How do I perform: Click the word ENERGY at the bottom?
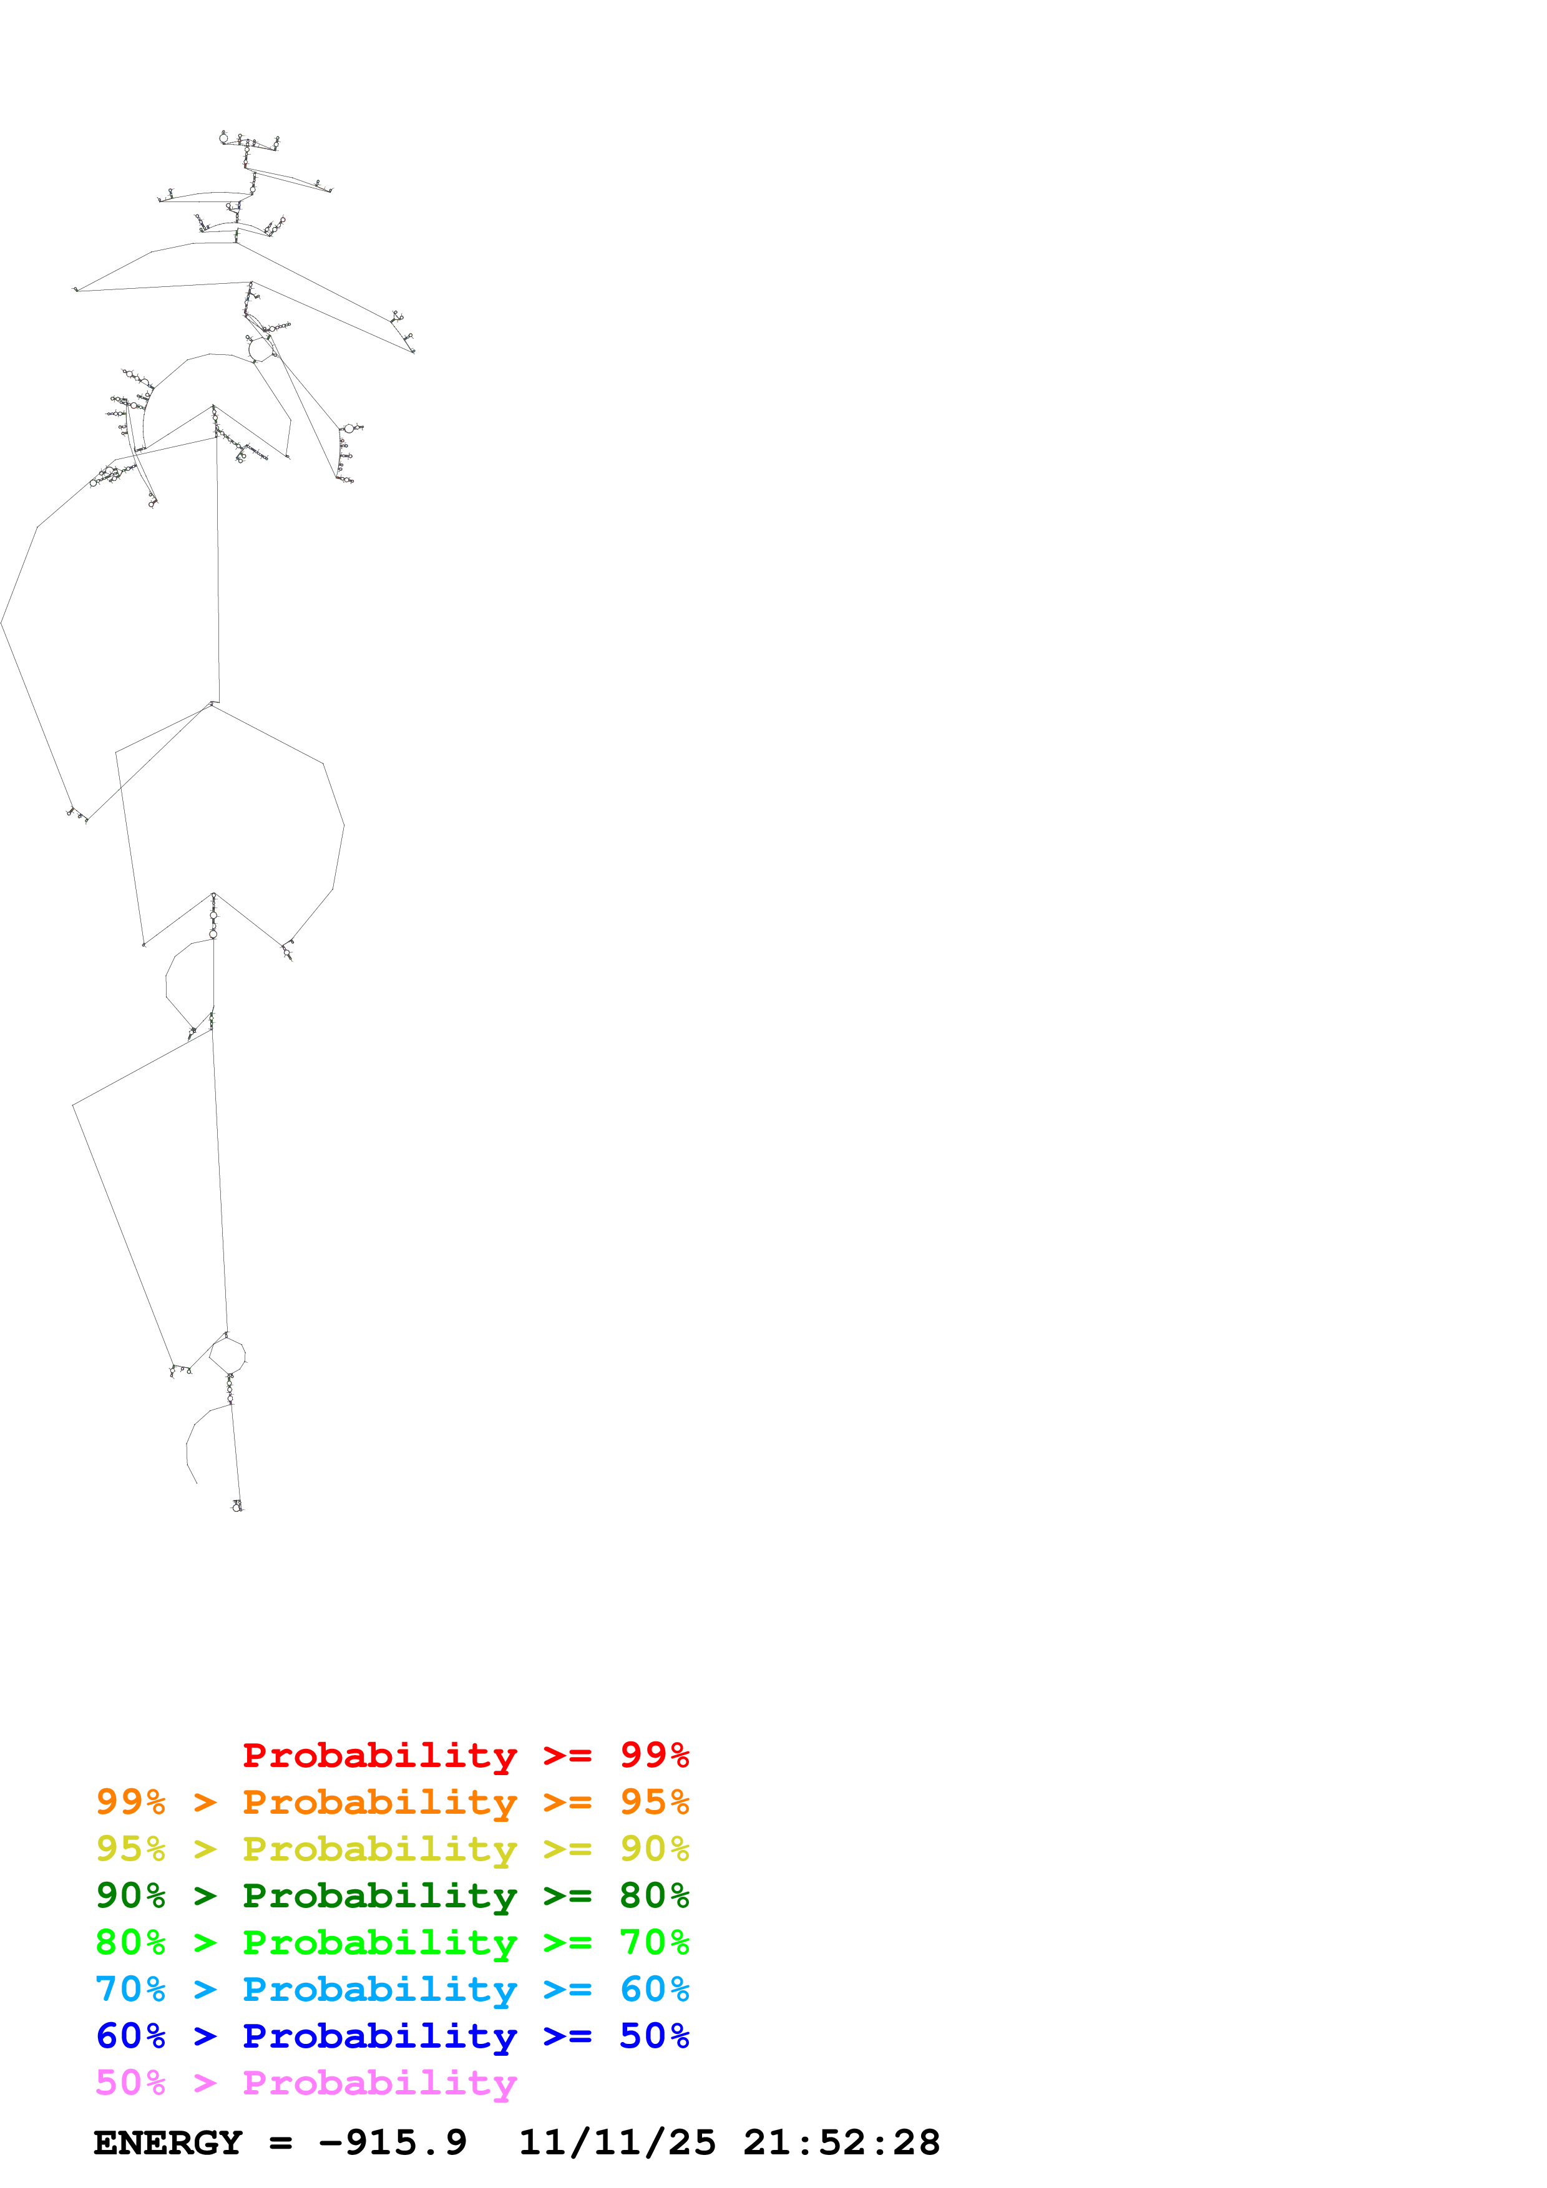pyautogui.click(x=168, y=2143)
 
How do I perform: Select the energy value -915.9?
pyautogui.click(x=393, y=2143)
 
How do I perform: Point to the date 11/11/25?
pyautogui.click(x=617, y=2143)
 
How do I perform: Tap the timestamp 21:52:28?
pyautogui.click(x=842, y=2143)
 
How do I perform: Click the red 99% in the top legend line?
pyautogui.click(x=654, y=1755)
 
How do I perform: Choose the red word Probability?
pyautogui.click(x=379, y=1755)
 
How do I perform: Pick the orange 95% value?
pyautogui.click(x=654, y=1802)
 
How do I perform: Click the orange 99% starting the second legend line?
pyautogui.click(x=130, y=1802)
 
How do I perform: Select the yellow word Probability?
pyautogui.click(x=379, y=1849)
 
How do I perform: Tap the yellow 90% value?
pyautogui.click(x=654, y=1849)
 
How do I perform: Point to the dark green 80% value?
pyautogui.click(x=654, y=1895)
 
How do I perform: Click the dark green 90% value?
pyautogui.click(x=130, y=1895)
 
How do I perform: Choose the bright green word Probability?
pyautogui.click(x=379, y=1942)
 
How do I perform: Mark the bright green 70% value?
pyautogui.click(x=654, y=1942)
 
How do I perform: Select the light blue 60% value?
pyautogui.click(x=654, y=1989)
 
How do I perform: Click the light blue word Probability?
pyautogui.click(x=379, y=1989)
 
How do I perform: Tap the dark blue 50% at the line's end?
pyautogui.click(x=654, y=2036)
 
